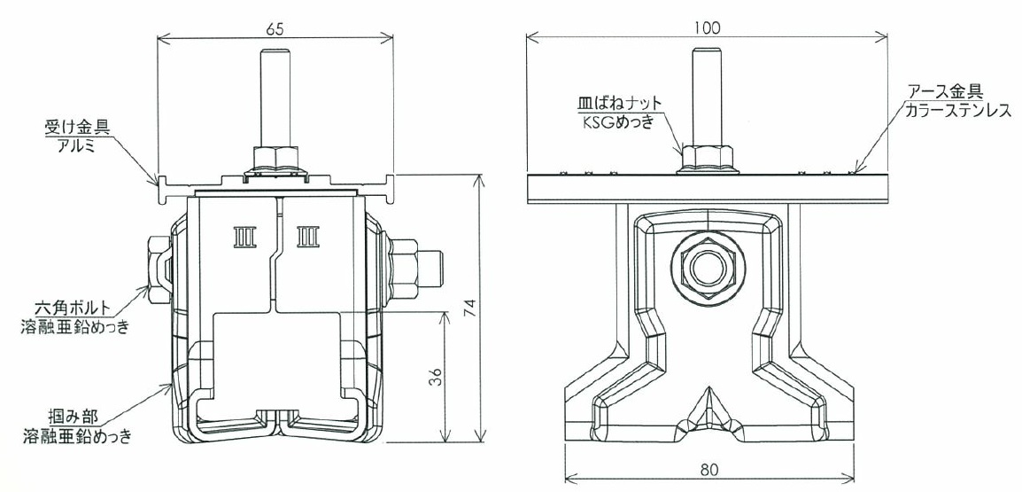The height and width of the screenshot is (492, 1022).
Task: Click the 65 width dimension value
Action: pyautogui.click(x=275, y=28)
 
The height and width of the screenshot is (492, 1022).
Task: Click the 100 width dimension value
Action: pyautogui.click(x=708, y=28)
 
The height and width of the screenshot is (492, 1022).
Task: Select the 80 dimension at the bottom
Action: pyautogui.click(x=709, y=469)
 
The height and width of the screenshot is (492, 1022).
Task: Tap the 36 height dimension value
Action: pyautogui.click(x=437, y=377)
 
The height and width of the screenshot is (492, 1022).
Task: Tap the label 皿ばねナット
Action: pyautogui.click(x=619, y=103)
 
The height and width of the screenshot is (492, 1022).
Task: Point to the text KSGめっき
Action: pyautogui.click(x=616, y=121)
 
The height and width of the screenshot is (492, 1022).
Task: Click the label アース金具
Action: pyautogui.click(x=944, y=90)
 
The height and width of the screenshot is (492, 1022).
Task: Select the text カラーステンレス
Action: pyautogui.click(x=956, y=110)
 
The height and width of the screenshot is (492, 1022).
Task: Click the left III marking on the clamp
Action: pyautogui.click(x=245, y=237)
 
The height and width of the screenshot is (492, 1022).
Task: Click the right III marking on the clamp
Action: pyautogui.click(x=307, y=237)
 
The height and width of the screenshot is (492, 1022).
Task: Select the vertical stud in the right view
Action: pyautogui.click(x=708, y=98)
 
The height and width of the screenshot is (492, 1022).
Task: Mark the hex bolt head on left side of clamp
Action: pyautogui.click(x=157, y=269)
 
